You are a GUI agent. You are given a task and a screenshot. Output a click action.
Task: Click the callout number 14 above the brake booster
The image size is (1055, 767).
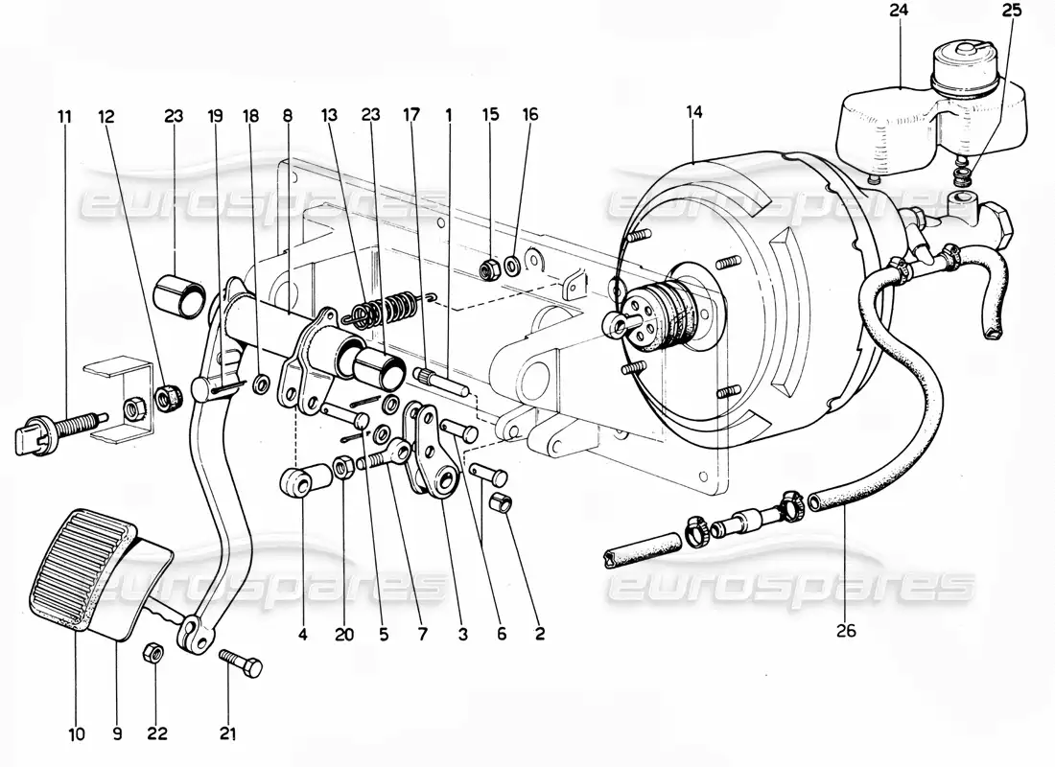tap(694, 113)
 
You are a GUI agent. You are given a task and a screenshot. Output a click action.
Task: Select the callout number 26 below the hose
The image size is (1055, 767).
tap(845, 632)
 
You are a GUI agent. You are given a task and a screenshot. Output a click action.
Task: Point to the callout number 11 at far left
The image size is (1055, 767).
tap(64, 117)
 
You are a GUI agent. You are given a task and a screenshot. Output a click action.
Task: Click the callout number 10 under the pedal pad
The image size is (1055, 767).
tap(77, 735)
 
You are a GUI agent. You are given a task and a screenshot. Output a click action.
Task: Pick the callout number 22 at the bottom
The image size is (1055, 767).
tap(155, 735)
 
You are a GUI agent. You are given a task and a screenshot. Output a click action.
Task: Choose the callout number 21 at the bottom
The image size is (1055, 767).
tap(227, 735)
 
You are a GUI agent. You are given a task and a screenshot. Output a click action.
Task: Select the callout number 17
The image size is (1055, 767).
tap(410, 115)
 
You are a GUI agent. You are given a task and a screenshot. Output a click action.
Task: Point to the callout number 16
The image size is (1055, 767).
tap(530, 115)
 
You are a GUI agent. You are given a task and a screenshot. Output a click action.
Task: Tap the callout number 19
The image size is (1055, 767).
tap(216, 117)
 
